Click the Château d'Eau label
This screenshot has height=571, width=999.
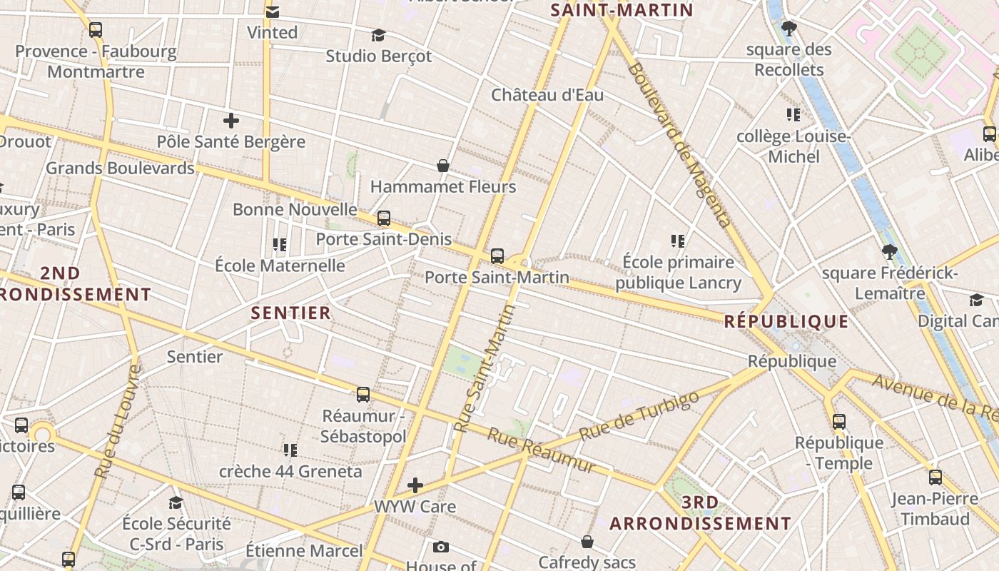(547, 95)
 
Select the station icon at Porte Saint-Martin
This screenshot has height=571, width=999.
(497, 256)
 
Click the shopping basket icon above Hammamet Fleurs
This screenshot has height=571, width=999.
(443, 166)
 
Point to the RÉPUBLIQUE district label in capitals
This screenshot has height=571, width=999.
(786, 321)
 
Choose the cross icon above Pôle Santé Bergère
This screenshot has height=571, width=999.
(230, 121)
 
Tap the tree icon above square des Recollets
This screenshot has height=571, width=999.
(788, 29)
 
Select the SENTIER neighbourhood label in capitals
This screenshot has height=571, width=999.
(291, 313)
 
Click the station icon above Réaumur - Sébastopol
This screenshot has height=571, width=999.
(363, 395)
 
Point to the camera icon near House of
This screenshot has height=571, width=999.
(441, 547)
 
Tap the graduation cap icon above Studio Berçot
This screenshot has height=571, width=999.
(379, 35)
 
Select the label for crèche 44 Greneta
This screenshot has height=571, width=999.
(290, 471)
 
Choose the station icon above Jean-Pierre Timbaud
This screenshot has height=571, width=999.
(935, 477)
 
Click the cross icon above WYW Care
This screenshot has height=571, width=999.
(415, 486)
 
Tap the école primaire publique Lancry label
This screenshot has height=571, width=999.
(678, 273)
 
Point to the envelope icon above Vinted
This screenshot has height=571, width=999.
(272, 12)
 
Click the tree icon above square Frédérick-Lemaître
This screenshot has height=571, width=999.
(889, 252)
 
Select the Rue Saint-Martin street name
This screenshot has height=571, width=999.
(485, 368)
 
